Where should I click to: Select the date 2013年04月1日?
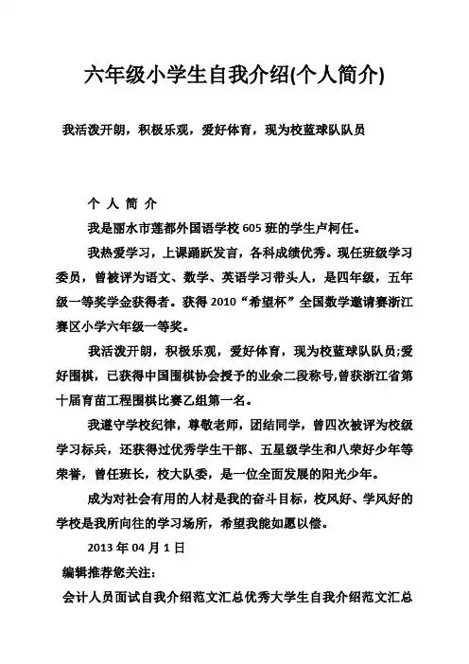click(x=127, y=548)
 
